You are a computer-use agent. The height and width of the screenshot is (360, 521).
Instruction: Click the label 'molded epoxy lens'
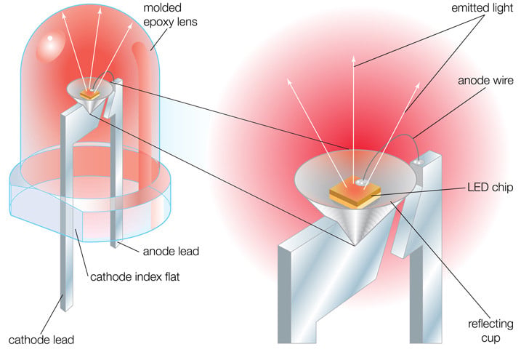[170, 15]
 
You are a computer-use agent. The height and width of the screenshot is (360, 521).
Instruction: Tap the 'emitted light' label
[482, 8]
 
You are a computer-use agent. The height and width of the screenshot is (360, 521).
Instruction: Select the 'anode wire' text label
[485, 81]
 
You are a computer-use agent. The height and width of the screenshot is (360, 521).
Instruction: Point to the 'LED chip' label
[490, 187]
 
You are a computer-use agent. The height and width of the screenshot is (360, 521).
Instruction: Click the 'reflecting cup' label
[490, 331]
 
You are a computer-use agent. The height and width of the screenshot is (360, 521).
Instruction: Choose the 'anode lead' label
[171, 251]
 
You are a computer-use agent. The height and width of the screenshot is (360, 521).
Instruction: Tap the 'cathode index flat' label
[135, 276]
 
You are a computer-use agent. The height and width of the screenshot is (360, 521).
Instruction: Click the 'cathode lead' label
[41, 340]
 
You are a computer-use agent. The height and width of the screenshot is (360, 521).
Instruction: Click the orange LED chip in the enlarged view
[355, 193]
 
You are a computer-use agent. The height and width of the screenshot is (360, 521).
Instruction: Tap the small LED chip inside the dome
[89, 95]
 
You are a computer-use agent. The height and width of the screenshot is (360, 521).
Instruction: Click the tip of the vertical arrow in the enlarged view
[354, 57]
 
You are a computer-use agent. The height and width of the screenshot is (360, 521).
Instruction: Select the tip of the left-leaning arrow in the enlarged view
[288, 79]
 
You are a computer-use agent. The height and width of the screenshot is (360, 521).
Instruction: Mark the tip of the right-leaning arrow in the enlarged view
[419, 82]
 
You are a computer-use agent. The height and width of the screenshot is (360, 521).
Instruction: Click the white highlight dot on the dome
[50, 39]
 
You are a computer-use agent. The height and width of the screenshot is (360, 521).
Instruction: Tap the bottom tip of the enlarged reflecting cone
[355, 245]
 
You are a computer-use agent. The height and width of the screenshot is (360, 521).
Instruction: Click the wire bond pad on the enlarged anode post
[418, 162]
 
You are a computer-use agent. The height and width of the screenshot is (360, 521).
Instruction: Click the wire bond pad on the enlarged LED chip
[360, 182]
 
